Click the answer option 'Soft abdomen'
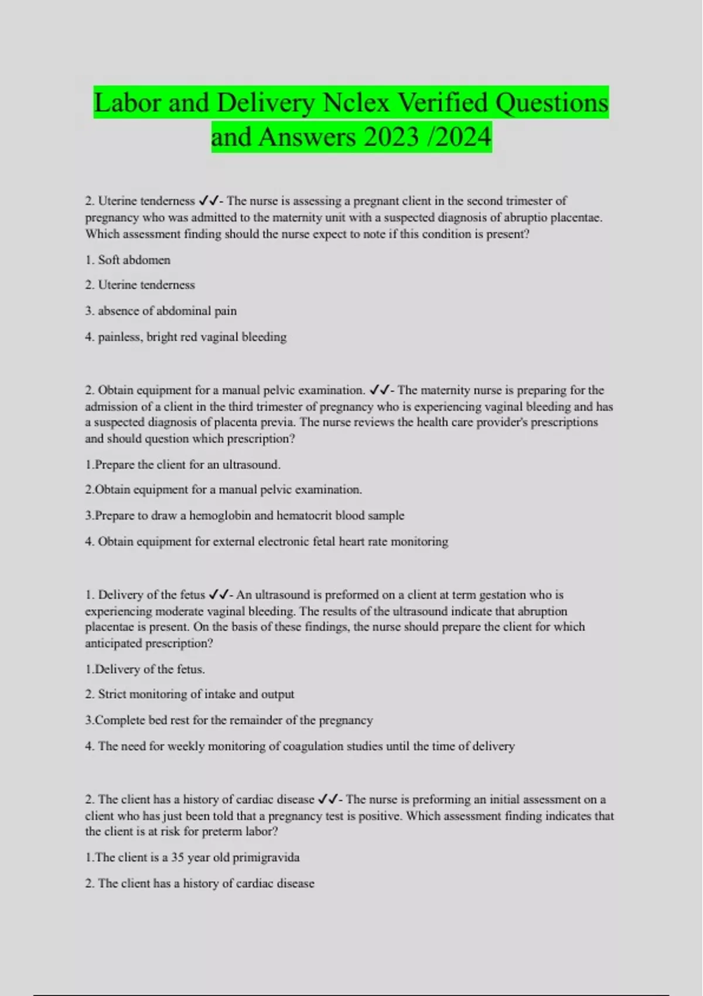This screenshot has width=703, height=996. click(134, 260)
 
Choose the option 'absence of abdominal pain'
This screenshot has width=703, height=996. click(167, 311)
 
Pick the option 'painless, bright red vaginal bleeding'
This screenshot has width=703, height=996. click(192, 337)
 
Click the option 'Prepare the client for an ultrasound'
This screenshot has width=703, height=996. click(187, 465)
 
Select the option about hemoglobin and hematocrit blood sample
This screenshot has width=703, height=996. click(249, 516)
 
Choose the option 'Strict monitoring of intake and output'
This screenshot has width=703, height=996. click(196, 694)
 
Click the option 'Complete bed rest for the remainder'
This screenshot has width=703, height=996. click(233, 720)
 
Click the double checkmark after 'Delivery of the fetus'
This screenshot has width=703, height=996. click(217, 595)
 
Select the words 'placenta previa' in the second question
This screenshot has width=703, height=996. click(250, 422)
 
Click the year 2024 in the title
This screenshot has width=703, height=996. click(463, 138)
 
